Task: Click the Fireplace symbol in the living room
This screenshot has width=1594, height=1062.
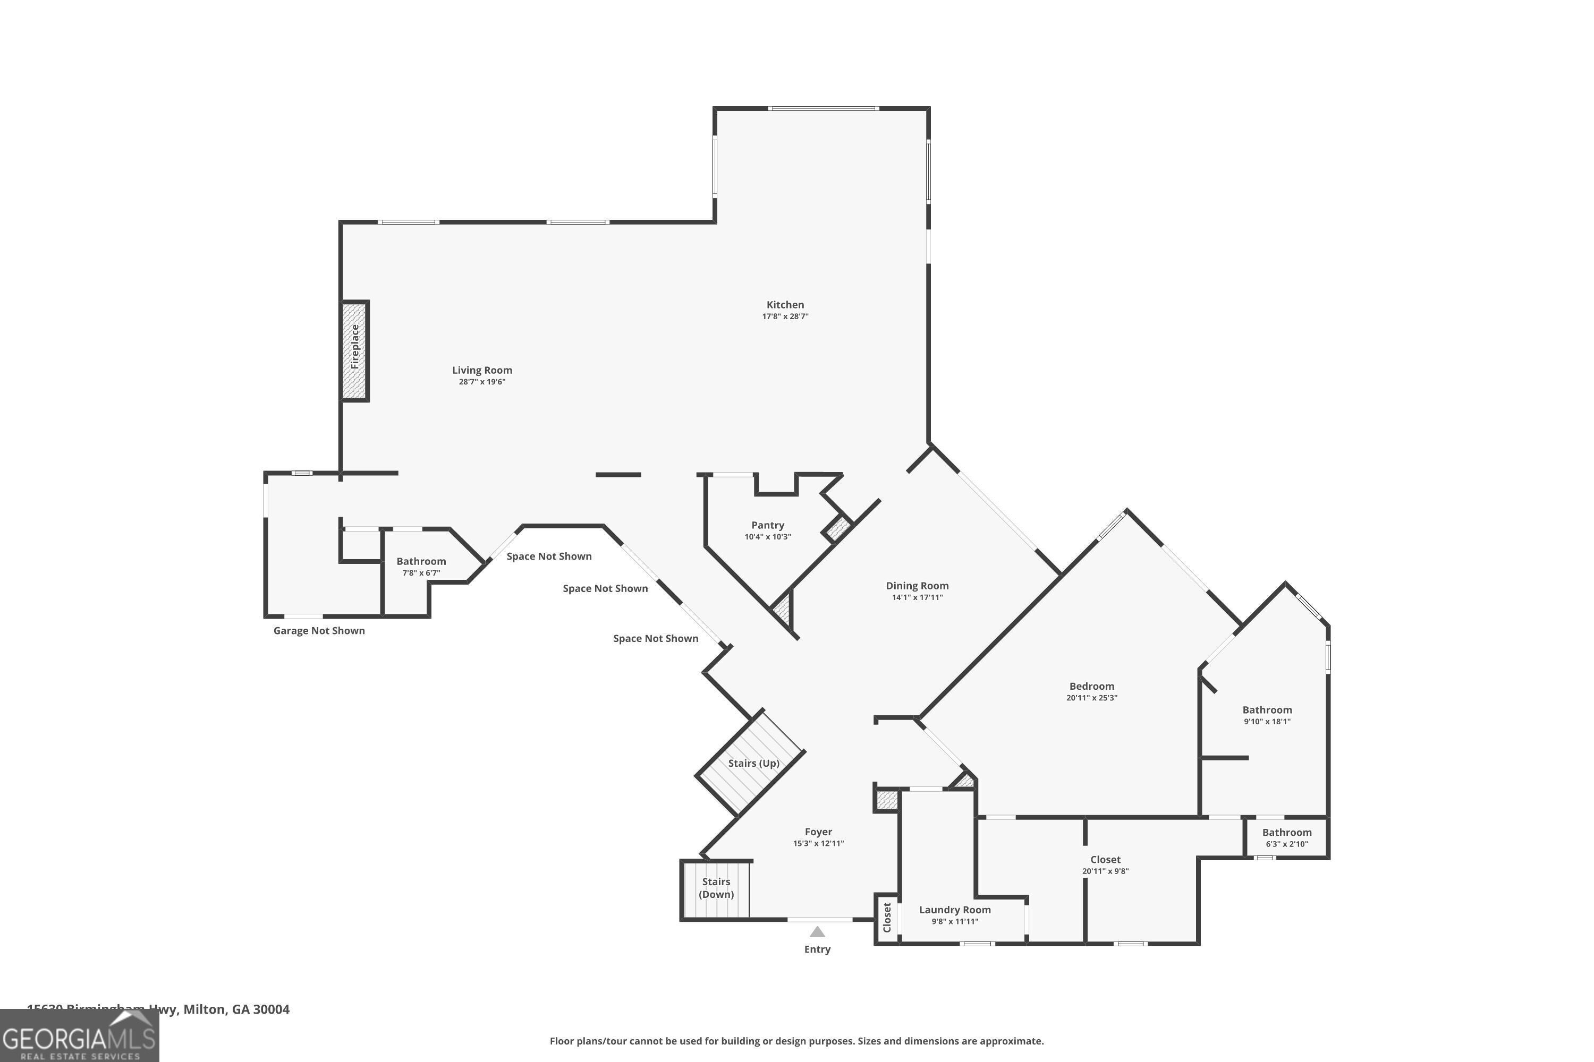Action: tap(354, 351)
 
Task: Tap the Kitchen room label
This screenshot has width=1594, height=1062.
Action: tap(785, 305)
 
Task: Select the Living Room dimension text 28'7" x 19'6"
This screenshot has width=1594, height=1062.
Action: tap(482, 382)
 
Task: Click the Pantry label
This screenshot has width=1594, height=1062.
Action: tap(767, 525)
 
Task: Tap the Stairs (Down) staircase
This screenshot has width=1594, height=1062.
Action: tap(716, 888)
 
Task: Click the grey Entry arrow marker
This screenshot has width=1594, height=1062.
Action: tap(817, 932)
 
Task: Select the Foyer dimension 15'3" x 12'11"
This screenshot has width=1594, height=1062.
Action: tap(818, 843)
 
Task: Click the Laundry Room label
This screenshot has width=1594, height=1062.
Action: tap(954, 910)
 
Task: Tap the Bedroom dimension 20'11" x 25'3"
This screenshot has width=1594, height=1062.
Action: tap(1091, 698)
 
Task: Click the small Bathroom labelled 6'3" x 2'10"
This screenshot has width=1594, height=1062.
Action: tap(1286, 837)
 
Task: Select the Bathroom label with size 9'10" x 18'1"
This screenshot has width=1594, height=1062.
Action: tap(1267, 710)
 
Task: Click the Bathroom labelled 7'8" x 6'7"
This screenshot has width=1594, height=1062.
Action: tap(421, 561)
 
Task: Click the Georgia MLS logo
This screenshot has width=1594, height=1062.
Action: tap(79, 1037)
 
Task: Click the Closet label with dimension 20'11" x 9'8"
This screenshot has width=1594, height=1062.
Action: tap(1105, 860)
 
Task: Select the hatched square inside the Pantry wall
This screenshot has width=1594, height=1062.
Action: tap(838, 528)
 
